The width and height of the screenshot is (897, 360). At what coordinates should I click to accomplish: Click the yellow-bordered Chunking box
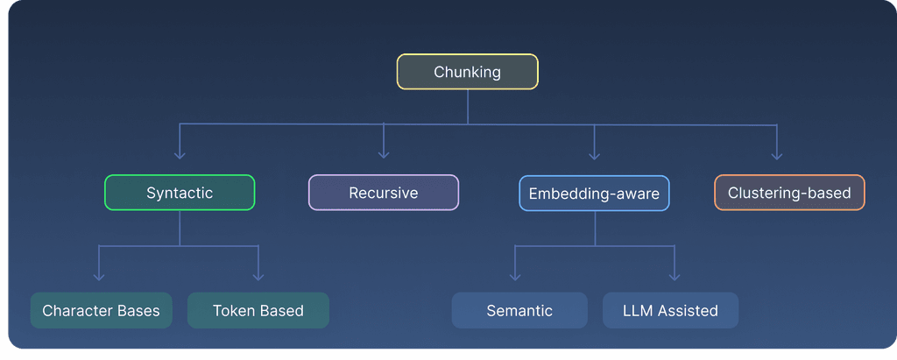point(467,72)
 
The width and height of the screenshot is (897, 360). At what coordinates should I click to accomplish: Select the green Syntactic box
point(180,193)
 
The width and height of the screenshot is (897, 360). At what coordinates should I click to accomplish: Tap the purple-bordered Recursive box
point(384,193)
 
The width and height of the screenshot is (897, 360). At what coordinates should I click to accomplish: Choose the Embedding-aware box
point(594,193)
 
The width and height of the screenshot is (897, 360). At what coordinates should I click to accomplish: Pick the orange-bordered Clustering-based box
point(789,193)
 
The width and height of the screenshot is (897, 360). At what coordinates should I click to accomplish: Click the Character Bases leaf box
point(101,311)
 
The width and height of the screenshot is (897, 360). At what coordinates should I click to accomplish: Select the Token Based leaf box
point(258,311)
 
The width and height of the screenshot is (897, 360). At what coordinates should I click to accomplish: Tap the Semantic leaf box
point(519,310)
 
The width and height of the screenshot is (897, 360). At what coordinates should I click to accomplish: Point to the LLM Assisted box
point(670,310)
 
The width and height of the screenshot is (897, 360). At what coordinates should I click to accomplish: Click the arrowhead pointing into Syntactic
point(180,154)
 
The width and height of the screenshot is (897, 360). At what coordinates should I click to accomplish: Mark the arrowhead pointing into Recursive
point(384,154)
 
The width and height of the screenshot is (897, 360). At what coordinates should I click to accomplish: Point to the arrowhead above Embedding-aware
point(594,154)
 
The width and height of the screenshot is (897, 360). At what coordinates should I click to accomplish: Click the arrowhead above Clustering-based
point(777,154)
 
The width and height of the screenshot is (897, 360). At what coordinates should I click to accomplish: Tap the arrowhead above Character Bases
point(99,276)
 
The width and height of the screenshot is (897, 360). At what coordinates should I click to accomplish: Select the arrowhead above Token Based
point(258,276)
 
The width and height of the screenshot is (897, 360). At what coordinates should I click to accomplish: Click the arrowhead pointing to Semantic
point(514,276)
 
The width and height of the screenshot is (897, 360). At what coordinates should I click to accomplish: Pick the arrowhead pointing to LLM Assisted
point(674,276)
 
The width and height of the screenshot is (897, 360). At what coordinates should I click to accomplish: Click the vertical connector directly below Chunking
point(467,107)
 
